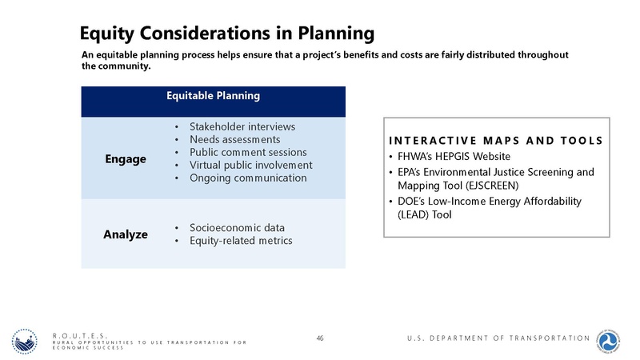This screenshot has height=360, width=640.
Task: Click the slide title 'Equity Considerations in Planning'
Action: (227, 34)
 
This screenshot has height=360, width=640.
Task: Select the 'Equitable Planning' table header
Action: (214, 96)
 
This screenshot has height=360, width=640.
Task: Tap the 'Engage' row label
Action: (126, 158)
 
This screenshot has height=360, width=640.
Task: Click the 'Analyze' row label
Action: (126, 234)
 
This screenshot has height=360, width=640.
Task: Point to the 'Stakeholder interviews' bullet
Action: (242, 127)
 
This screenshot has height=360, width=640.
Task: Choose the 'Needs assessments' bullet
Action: (234, 140)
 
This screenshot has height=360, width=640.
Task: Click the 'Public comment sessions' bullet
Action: (248, 152)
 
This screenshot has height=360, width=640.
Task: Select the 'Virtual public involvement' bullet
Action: (250, 165)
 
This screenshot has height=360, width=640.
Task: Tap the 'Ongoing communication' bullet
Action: (248, 178)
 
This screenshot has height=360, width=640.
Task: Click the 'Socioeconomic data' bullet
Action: (237, 228)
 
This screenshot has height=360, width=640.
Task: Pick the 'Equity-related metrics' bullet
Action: (241, 241)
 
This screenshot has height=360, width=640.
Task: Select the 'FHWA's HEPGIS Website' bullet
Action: (457, 156)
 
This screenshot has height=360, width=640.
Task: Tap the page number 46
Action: (320, 338)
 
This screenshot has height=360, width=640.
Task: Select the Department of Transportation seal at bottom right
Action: (614, 341)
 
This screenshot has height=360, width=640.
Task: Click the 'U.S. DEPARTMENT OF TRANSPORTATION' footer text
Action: (498, 339)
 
